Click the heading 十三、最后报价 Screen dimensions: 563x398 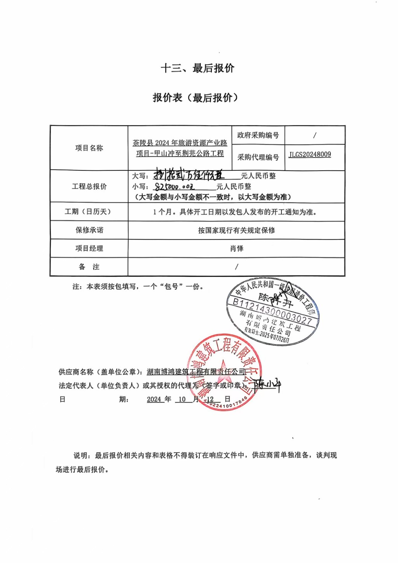pos(197,68)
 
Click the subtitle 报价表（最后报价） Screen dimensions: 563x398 pos(195,97)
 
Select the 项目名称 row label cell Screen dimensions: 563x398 pos(89,148)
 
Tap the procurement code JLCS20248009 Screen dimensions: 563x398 pos(310,154)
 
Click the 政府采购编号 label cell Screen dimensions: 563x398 pos(258,135)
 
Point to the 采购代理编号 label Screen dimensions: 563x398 pos(258,157)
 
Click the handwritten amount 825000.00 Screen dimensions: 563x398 pos(174,187)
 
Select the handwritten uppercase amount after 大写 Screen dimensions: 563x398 pos(189,175)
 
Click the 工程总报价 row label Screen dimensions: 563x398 pos(89,187)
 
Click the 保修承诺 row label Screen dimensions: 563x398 pos(89,230)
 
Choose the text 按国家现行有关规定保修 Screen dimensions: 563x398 pos(236,230)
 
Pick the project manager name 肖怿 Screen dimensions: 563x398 pos(236,248)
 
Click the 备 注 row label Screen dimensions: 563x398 pos(89,267)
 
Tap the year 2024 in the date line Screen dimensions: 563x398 pos(154,399)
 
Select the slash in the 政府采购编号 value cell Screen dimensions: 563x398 pos(314,135)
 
